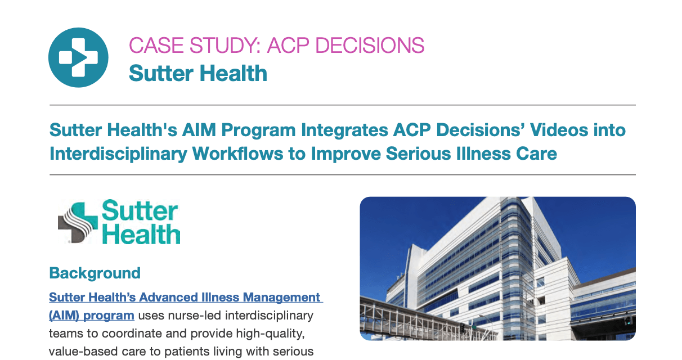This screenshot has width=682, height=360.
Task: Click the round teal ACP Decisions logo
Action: tap(78, 57)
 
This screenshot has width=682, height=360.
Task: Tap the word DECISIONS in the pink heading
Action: tap(370, 46)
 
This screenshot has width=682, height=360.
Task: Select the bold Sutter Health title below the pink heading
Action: tap(198, 73)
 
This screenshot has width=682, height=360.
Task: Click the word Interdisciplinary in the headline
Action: tap(118, 154)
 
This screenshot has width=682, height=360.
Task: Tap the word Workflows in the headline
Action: tap(238, 154)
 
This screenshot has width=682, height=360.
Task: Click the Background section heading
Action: tap(95, 273)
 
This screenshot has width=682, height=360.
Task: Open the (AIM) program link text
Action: tap(92, 316)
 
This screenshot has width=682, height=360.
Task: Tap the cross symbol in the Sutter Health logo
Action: tap(77, 222)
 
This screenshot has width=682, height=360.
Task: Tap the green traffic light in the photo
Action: tap(627, 320)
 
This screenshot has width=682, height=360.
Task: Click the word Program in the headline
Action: tap(258, 130)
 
